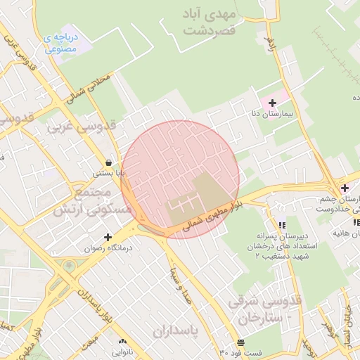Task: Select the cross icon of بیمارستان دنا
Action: pos(273,103)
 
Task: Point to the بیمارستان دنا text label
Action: pos(291,112)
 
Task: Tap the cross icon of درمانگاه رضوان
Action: pos(108,237)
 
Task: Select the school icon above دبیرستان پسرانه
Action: pos(282,225)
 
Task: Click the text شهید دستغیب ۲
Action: pos(284,257)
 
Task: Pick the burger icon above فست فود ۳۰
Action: pos(241,342)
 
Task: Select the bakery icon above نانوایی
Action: pos(121,342)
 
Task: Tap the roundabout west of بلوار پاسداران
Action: pos(69,266)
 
